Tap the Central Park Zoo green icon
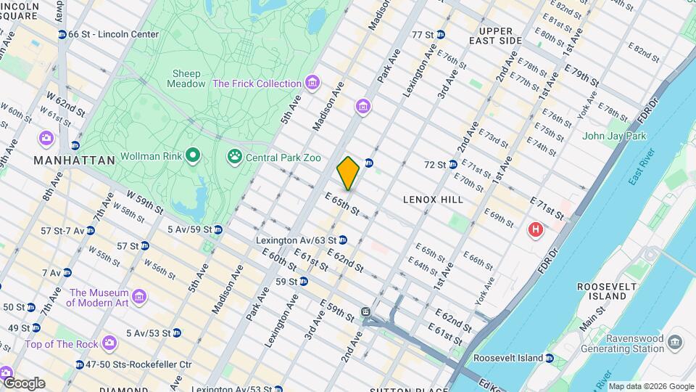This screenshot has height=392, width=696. pyautogui.click(x=234, y=155)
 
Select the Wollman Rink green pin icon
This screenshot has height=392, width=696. pyautogui.click(x=192, y=155)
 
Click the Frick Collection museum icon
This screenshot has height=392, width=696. pyautogui.click(x=312, y=83)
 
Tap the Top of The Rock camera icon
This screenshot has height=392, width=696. pyautogui.click(x=109, y=343)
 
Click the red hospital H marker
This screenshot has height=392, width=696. pyautogui.click(x=536, y=230)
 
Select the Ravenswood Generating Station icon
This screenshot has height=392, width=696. pyautogui.click(x=675, y=342)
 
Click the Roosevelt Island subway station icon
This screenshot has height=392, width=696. pyautogui.click(x=550, y=359)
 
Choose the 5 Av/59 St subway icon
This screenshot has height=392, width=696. pyautogui.click(x=217, y=229)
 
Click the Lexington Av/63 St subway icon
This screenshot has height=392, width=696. pyautogui.click(x=343, y=240)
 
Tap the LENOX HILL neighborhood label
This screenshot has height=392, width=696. pyautogui.click(x=433, y=199)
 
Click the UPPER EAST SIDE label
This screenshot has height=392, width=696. pyautogui.click(x=496, y=36)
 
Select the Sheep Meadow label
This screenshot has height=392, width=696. pyautogui.click(x=188, y=78)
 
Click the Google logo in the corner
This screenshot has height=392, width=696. pyautogui.click(x=23, y=383)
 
